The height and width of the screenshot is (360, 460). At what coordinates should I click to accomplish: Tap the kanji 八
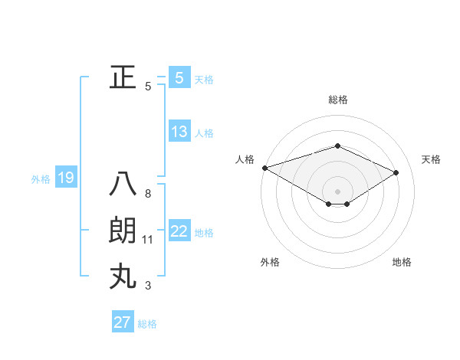click(123, 185)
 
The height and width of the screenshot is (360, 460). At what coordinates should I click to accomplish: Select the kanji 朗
click(123, 231)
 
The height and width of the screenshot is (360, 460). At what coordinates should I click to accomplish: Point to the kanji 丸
click(123, 276)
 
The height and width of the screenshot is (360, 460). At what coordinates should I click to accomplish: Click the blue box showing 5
click(179, 78)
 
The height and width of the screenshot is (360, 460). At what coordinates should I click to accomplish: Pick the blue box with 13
click(179, 132)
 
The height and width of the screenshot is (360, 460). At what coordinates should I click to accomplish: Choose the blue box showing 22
click(179, 231)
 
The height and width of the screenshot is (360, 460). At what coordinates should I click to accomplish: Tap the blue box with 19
click(65, 178)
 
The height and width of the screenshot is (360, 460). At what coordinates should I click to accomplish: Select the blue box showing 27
click(123, 322)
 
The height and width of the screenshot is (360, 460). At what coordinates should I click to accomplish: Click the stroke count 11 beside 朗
click(148, 240)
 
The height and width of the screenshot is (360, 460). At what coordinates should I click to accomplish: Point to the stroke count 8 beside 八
click(148, 194)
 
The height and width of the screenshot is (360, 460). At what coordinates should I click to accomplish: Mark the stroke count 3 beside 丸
click(148, 286)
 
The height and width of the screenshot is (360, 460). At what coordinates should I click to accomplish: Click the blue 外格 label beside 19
click(41, 179)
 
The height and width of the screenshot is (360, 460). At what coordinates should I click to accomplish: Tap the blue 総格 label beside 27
click(147, 324)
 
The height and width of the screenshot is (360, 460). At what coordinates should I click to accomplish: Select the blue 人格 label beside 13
click(204, 133)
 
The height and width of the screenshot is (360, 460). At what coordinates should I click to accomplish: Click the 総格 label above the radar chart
click(338, 100)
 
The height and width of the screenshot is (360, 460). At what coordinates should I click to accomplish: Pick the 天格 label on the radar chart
click(432, 159)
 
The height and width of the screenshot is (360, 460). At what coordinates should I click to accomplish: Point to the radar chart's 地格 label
click(402, 262)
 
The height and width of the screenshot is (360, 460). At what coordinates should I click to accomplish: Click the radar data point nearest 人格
click(264, 167)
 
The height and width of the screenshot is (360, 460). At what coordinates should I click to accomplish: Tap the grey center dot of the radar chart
click(338, 190)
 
